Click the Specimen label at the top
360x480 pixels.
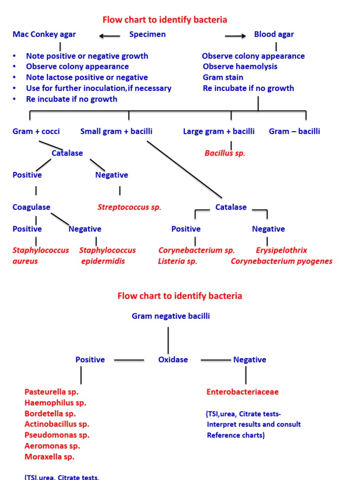147,34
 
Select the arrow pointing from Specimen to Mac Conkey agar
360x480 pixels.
110,36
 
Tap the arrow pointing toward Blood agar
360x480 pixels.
235,36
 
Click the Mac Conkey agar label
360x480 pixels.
44,34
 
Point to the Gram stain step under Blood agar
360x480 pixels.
223,77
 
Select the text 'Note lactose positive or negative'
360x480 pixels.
87,77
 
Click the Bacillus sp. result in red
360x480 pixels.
225,153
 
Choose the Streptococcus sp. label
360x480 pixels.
129,207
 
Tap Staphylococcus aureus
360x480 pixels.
40,255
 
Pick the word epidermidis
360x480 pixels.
103,261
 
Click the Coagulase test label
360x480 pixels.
31,207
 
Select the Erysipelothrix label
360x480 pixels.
281,250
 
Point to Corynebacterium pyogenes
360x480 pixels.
281,261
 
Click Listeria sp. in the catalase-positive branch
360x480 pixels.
178,261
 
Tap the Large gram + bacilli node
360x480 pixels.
218,131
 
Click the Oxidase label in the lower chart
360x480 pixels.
173,360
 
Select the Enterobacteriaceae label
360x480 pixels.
242,392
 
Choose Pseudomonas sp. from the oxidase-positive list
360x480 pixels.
57,435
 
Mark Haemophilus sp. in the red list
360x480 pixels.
55,403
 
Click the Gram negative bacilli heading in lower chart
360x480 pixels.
171,316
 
